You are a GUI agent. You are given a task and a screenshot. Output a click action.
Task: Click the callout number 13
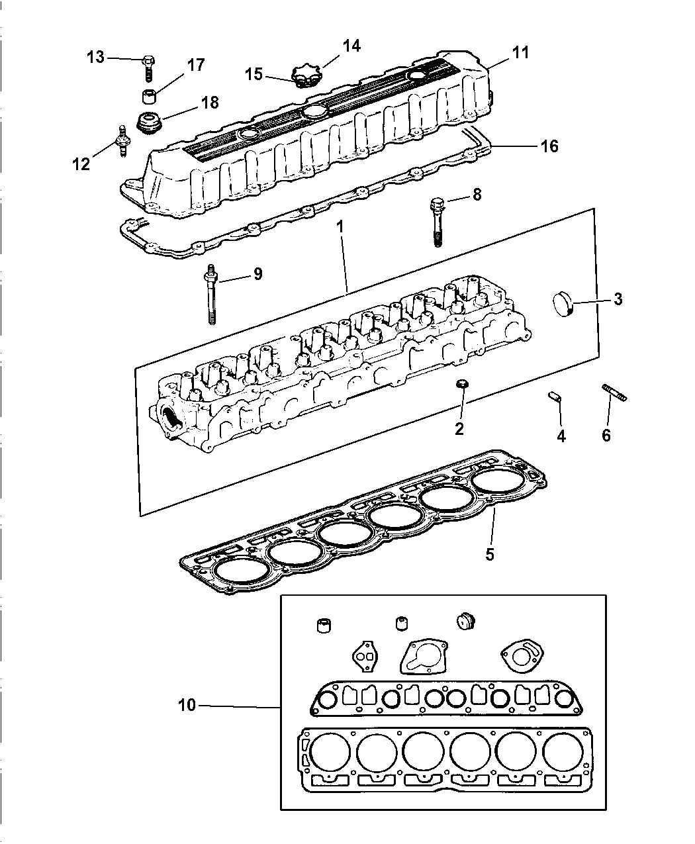pyautogui.click(x=95, y=58)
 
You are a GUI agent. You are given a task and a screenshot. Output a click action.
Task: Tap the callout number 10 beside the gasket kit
pyautogui.click(x=187, y=705)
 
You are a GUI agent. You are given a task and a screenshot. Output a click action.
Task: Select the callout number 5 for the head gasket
pyautogui.click(x=489, y=554)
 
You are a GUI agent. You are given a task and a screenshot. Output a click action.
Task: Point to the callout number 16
pyautogui.click(x=549, y=146)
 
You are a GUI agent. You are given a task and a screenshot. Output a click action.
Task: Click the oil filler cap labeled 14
pyautogui.click(x=306, y=77)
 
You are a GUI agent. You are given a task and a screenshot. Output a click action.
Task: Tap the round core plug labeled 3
pyautogui.click(x=563, y=306)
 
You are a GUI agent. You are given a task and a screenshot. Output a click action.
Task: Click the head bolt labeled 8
pyautogui.click(x=438, y=221)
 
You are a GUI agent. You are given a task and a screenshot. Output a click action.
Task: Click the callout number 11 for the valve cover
pyautogui.click(x=521, y=52)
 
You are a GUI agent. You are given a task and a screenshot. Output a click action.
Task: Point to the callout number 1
pyautogui.click(x=340, y=226)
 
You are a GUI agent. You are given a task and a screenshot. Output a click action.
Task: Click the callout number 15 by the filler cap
pyautogui.click(x=254, y=75)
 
